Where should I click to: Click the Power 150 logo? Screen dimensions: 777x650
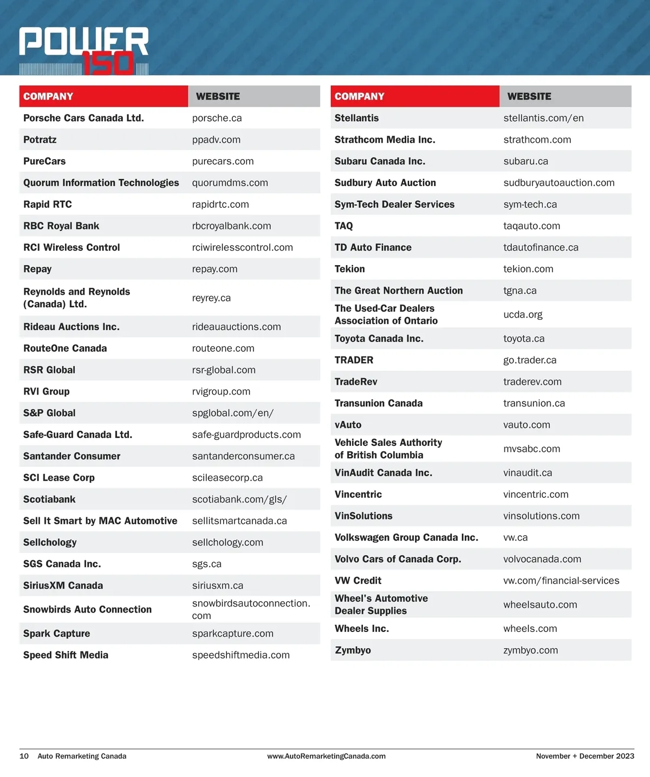(84, 50)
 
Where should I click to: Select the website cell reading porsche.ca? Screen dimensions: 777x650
(217, 118)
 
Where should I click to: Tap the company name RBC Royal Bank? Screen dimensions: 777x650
(61, 226)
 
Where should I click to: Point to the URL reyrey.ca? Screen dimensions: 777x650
(211, 298)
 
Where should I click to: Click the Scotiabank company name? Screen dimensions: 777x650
(49, 499)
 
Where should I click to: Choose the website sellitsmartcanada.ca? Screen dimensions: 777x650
(239, 521)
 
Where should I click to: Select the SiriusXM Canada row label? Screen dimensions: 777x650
(63, 585)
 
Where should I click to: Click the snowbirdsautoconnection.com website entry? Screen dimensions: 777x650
(251, 609)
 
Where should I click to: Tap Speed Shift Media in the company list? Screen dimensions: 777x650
(66, 655)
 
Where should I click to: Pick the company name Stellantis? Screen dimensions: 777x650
(356, 118)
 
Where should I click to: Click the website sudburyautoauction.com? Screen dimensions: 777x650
(558, 182)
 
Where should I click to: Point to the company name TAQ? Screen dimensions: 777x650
(343, 226)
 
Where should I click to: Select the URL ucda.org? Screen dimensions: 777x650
(523, 314)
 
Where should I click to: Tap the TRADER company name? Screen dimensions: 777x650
(354, 360)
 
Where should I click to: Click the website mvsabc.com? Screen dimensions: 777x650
(531, 449)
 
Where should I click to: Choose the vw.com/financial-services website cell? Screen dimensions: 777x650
(561, 581)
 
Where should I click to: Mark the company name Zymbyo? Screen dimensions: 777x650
(353, 650)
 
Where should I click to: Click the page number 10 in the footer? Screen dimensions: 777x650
(24, 756)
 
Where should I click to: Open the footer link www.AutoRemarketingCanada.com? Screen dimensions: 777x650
(326, 756)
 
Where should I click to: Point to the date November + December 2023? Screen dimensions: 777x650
(585, 756)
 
